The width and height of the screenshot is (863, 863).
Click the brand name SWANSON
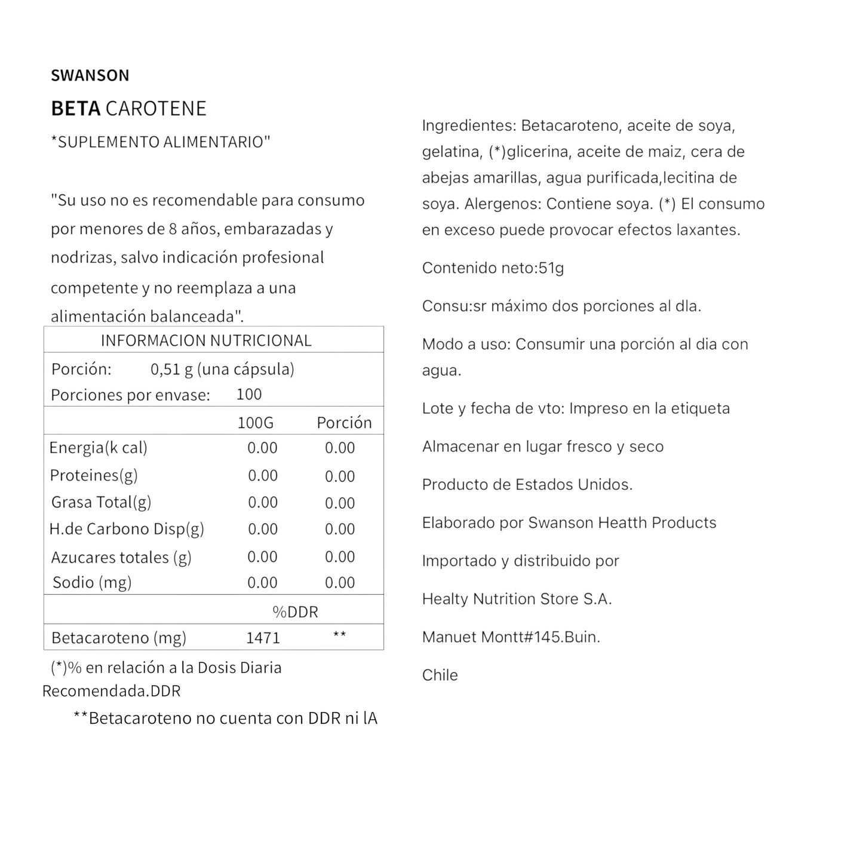pyautogui.click(x=90, y=75)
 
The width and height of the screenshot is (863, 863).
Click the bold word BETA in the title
pyautogui.click(x=75, y=109)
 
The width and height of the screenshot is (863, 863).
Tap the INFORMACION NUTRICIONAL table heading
pyautogui.click(x=206, y=340)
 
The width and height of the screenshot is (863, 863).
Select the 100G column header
pyautogui.click(x=255, y=423)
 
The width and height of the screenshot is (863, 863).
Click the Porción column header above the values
pyautogui.click(x=344, y=423)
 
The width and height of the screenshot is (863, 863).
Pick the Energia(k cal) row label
pyautogui.click(x=98, y=448)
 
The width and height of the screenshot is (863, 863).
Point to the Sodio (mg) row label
pyautogui.click(x=92, y=582)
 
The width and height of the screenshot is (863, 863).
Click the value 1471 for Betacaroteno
pyautogui.click(x=263, y=638)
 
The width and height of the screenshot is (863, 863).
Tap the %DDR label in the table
pyautogui.click(x=295, y=612)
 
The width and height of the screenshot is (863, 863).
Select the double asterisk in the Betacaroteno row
pyautogui.click(x=339, y=635)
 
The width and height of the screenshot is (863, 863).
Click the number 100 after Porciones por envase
pyautogui.click(x=249, y=394)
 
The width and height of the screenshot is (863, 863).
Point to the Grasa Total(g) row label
pyautogui.click(x=101, y=502)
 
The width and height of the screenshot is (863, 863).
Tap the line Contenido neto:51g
pyautogui.click(x=493, y=268)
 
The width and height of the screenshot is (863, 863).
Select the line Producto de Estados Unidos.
pyautogui.click(x=527, y=484)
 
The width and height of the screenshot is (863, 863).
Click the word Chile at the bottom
pyautogui.click(x=440, y=675)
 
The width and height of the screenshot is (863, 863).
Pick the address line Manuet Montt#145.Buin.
pyautogui.click(x=511, y=637)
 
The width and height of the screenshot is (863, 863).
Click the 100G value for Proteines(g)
pyautogui.click(x=263, y=475)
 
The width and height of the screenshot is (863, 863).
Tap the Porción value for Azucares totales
pyautogui.click(x=340, y=557)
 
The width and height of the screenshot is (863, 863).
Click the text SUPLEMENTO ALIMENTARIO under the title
pyautogui.click(x=161, y=142)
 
